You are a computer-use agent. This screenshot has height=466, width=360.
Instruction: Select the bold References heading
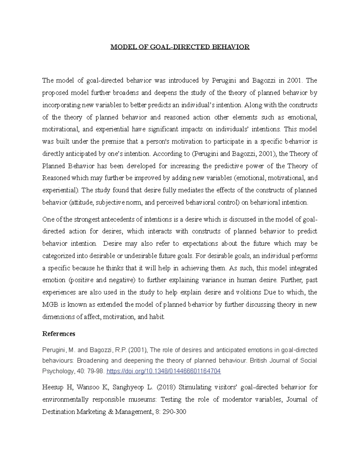click(59, 334)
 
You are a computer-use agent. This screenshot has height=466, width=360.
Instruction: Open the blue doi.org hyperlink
click(164, 371)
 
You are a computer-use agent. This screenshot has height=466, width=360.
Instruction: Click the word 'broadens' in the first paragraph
click(126, 93)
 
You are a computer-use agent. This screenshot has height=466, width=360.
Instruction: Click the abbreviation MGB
click(50, 305)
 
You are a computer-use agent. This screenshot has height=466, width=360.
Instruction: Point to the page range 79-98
click(95, 371)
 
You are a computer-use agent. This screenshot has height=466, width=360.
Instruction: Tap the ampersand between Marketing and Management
click(110, 412)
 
